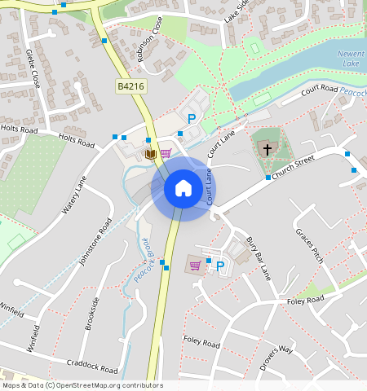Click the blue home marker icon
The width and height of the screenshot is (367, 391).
[183, 188]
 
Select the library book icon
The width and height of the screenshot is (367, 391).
[150, 153]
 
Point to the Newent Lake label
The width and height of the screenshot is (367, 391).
[352, 59]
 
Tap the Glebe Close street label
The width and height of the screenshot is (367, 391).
[34, 68]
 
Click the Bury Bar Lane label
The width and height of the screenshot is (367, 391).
[258, 258]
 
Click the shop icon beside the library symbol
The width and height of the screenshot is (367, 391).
[166, 153]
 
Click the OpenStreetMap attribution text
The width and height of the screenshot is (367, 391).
[82, 385]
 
